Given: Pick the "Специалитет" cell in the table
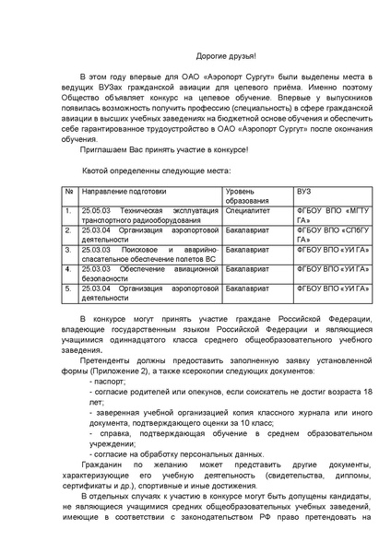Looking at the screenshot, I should (x=248, y=211).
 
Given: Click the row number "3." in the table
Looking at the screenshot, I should (x=67, y=249).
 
